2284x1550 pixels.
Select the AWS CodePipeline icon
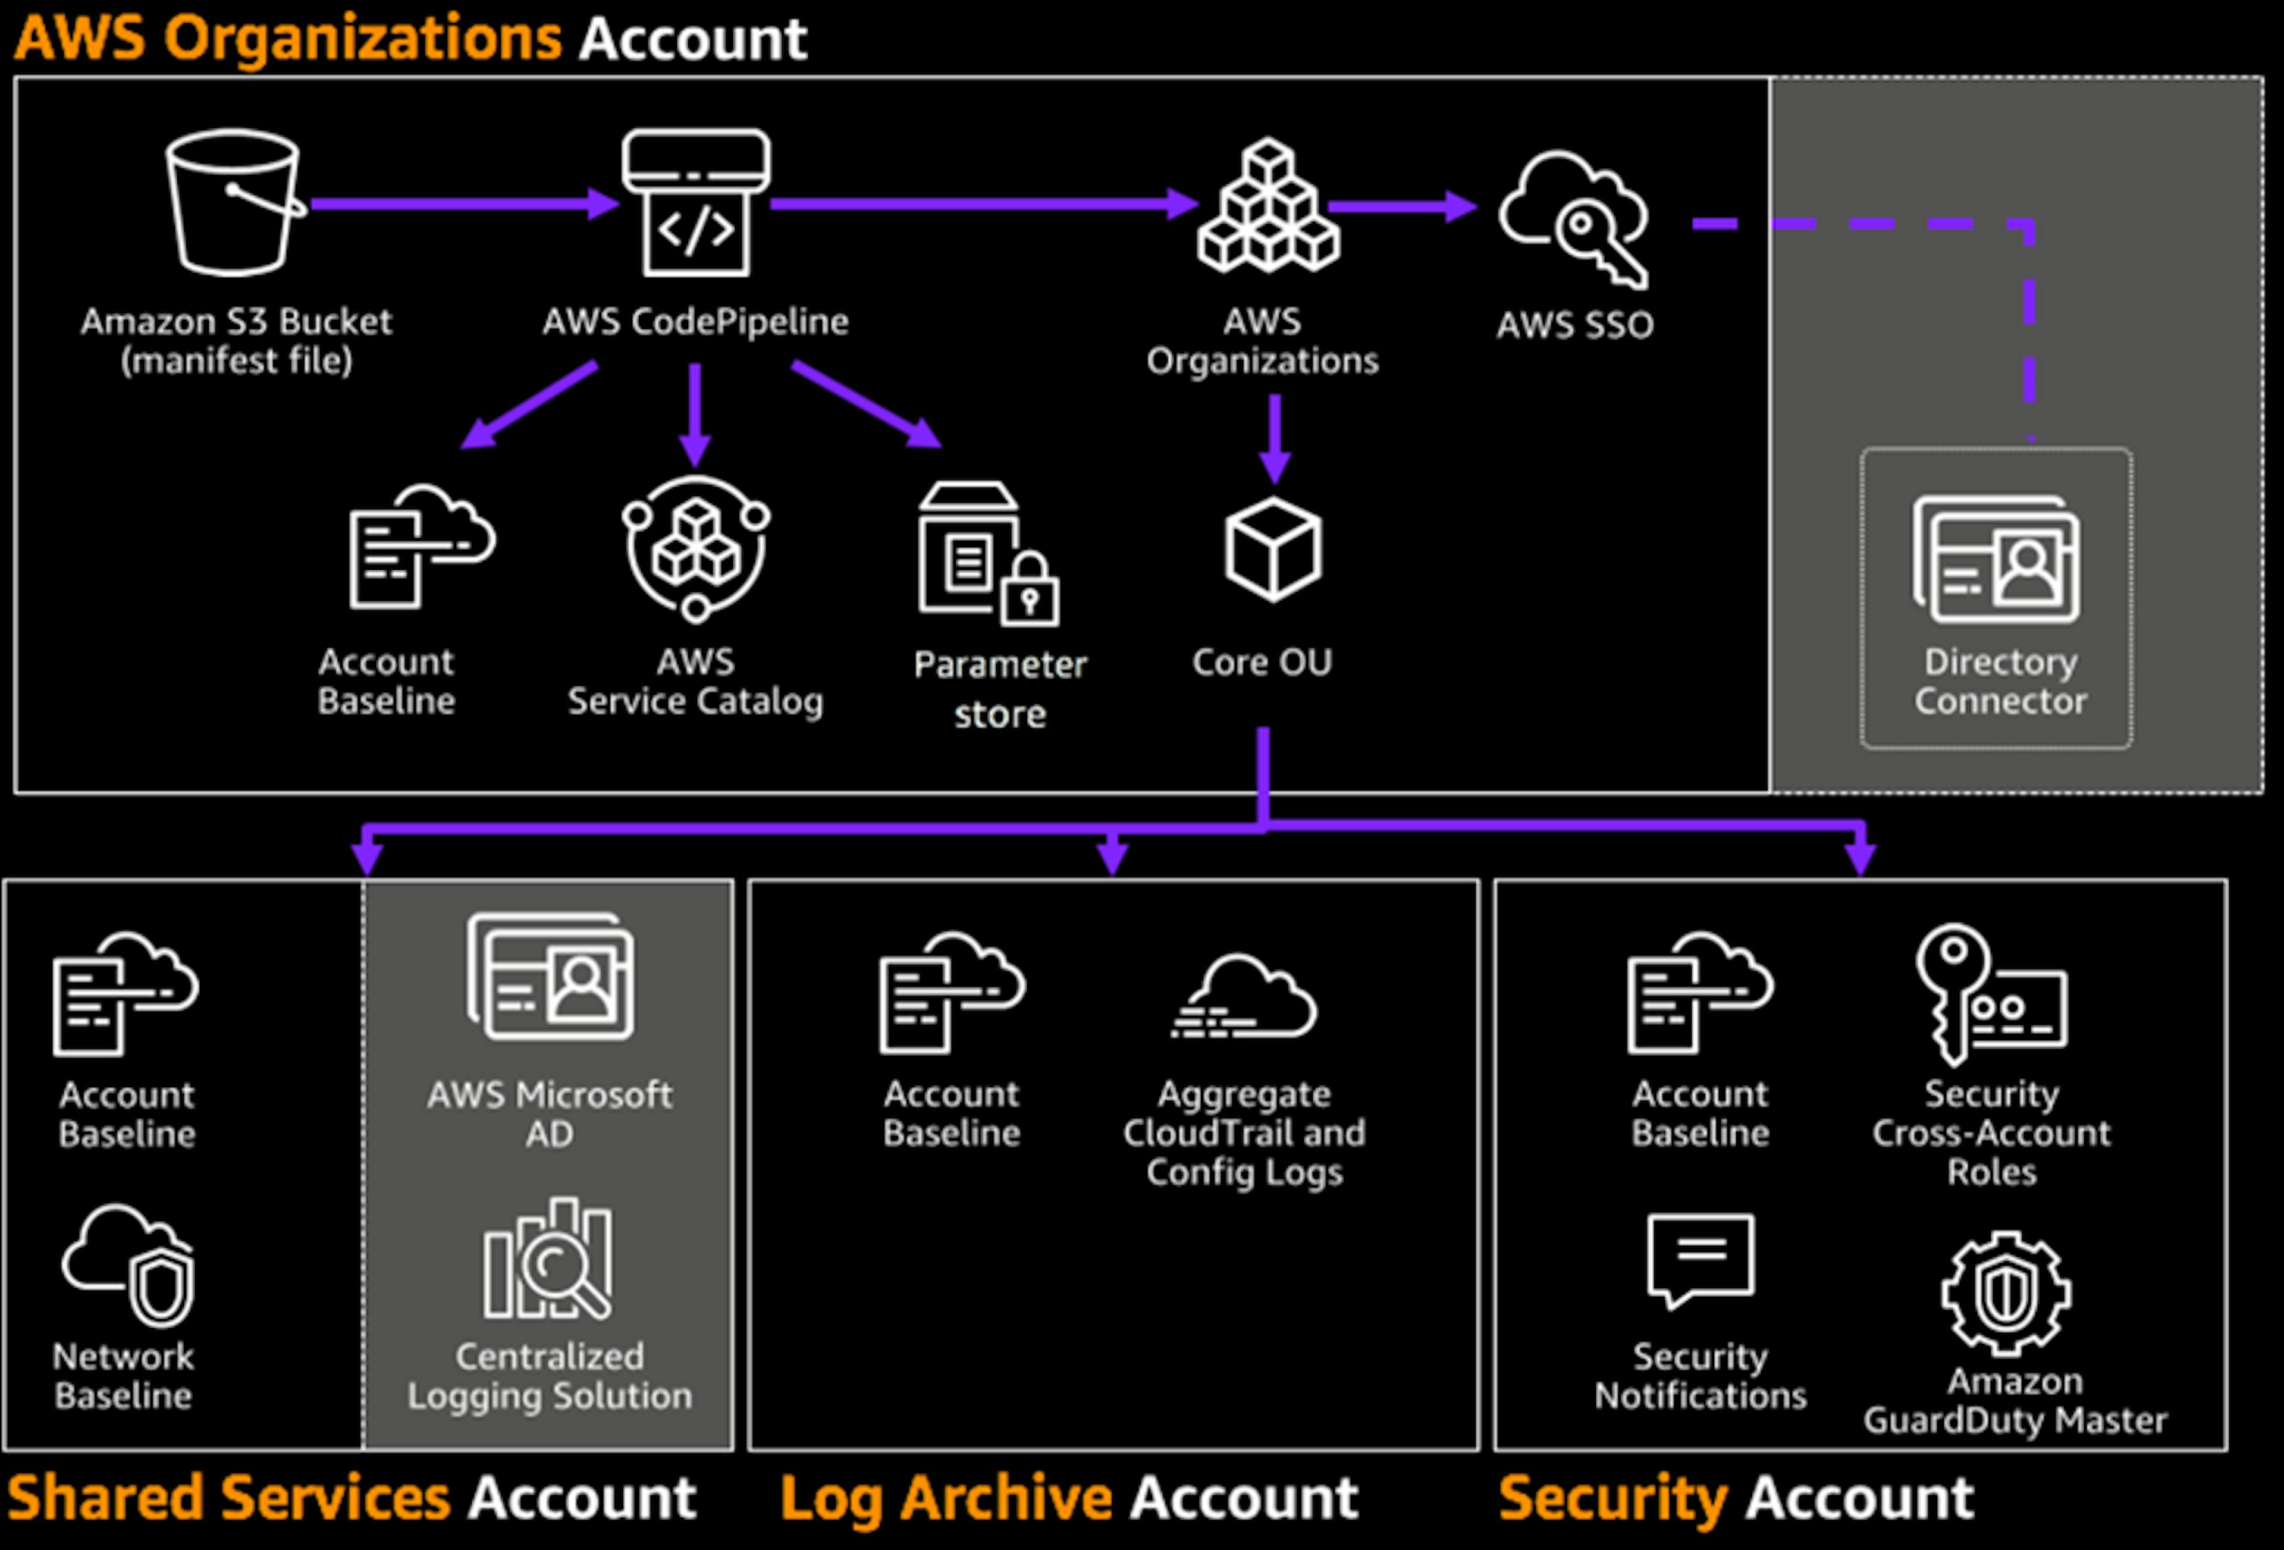pyautogui.click(x=696, y=203)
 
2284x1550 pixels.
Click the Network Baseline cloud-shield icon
pyautogui.click(x=128, y=1266)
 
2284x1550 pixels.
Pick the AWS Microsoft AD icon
pyautogui.click(x=550, y=977)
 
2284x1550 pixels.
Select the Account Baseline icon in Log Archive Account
pyautogui.click(x=951, y=993)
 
